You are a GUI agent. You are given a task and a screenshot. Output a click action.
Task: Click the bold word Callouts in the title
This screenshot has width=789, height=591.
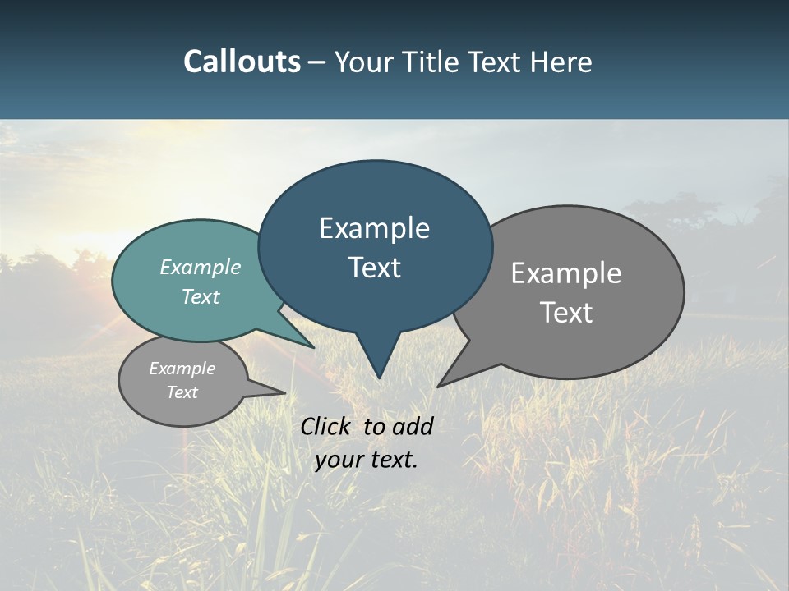242,62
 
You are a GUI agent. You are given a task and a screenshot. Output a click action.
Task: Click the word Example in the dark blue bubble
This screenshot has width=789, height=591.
374,228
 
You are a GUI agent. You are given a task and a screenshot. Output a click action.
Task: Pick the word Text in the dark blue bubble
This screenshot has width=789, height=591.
374,268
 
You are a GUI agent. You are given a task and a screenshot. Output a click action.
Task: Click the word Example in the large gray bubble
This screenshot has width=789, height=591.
566,273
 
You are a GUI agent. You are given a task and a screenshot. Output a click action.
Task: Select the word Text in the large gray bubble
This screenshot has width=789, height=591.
566,313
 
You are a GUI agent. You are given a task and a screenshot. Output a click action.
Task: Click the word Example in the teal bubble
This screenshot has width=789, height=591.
201,267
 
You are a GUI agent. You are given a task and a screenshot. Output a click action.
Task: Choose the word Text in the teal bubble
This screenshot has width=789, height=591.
201,296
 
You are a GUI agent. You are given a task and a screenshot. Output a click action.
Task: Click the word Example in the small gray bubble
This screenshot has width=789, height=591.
182,369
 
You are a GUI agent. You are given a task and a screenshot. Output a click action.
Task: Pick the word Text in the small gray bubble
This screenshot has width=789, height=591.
182,392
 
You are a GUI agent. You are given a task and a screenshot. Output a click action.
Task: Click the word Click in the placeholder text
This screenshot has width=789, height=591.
326,426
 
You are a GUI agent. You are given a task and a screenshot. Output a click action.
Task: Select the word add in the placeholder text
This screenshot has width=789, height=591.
413,426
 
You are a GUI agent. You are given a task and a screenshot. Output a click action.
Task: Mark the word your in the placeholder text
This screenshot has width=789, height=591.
339,460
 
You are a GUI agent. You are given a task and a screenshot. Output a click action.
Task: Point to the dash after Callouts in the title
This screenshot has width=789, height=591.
318,62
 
